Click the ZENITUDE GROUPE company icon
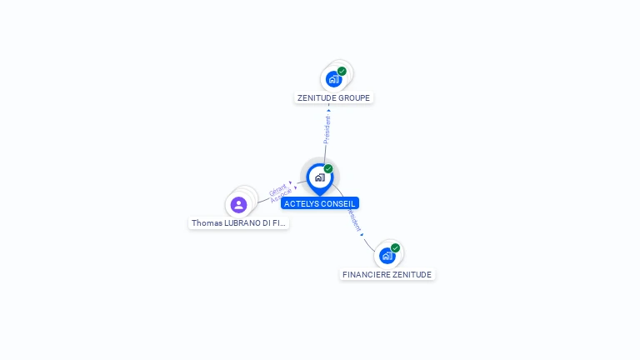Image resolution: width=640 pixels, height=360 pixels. click(x=333, y=79)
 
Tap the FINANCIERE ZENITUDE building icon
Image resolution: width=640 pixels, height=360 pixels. click(x=387, y=256)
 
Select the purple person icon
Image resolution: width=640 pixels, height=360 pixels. click(x=239, y=205)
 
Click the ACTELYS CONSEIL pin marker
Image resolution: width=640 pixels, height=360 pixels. click(x=319, y=177)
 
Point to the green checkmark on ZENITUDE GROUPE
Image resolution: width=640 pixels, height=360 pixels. click(x=342, y=72)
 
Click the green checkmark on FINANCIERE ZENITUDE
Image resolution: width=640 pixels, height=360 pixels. click(x=395, y=248)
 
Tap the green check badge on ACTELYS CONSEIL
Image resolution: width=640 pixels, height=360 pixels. click(x=328, y=169)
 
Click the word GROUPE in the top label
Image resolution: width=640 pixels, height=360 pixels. click(x=353, y=98)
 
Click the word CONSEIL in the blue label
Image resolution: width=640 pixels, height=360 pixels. click(x=337, y=203)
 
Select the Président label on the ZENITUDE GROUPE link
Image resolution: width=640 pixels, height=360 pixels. click(x=327, y=129)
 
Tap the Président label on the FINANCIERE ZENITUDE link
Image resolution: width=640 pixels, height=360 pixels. click(x=354, y=220)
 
